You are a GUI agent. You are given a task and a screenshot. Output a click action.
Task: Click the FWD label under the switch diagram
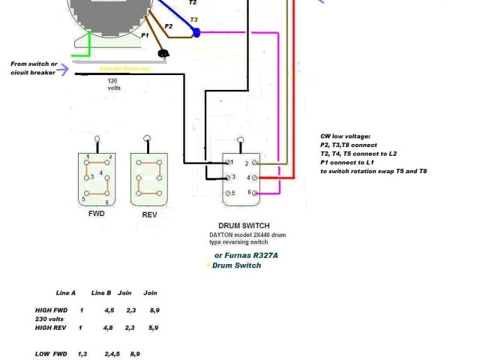click(x=96, y=214)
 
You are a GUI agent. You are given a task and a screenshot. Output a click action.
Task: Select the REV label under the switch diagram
click(x=149, y=214)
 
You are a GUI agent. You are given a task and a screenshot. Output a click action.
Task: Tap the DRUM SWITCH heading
click(x=244, y=226)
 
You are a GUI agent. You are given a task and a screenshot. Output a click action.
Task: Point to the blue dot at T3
click(x=196, y=32)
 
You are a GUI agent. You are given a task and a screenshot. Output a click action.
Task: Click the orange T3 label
click(x=194, y=20)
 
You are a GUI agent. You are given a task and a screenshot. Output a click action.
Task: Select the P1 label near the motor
click(x=145, y=35)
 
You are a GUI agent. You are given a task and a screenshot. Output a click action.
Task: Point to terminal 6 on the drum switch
click(x=256, y=193)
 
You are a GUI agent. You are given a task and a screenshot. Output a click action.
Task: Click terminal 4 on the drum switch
click(x=256, y=178)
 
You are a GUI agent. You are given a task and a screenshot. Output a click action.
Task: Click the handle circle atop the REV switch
click(x=148, y=139)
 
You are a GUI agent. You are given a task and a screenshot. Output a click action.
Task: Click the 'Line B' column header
click(x=101, y=293)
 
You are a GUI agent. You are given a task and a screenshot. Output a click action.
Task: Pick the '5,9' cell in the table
click(x=154, y=328)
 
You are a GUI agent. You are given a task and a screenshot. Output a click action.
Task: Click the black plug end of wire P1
click(x=163, y=54)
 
